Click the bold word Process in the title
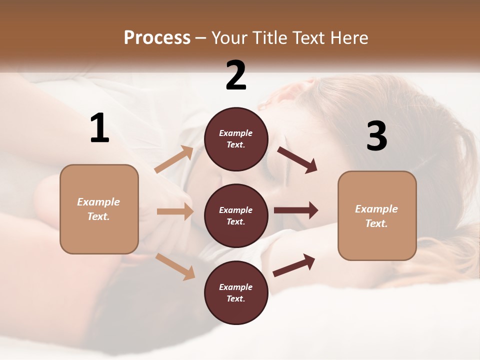(157, 38)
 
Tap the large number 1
(99, 128)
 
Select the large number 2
(236, 75)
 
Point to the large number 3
(376, 136)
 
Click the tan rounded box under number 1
(99, 209)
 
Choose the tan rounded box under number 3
(377, 215)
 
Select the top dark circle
(236, 139)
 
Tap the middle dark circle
(236, 215)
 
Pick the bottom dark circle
(236, 292)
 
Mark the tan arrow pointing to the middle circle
(175, 211)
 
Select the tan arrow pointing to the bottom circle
(175, 266)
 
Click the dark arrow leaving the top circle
(297, 160)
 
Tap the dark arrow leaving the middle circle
(296, 210)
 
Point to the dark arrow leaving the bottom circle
(294, 265)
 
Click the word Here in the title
(349, 38)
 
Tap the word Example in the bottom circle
(236, 287)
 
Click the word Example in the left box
(98, 202)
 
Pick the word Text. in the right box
(376, 223)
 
